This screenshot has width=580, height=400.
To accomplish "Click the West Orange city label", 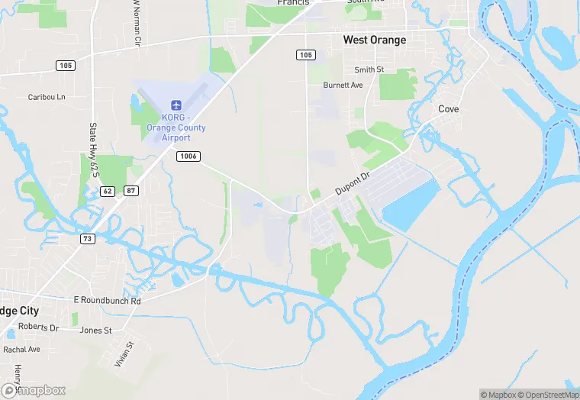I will click(374, 40).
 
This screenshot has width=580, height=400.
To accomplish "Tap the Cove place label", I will click(449, 109).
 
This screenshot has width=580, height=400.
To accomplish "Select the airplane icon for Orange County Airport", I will click(176, 104).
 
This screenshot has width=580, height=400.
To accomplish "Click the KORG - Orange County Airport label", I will click(176, 127).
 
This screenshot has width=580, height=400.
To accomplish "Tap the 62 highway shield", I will click(107, 190).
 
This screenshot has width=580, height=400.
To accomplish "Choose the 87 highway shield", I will click(131, 190).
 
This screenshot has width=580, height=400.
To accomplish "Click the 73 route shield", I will click(88, 239).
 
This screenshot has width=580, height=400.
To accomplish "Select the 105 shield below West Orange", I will click(305, 55).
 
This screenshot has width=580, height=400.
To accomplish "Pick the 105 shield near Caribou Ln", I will click(66, 66).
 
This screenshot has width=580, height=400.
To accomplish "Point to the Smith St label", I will click(369, 69).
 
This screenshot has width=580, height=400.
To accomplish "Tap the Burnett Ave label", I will click(343, 85).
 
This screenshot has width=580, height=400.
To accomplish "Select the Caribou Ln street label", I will click(47, 97).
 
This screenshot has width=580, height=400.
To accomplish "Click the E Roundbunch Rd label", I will click(108, 301).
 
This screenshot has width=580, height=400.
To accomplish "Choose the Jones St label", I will click(96, 331).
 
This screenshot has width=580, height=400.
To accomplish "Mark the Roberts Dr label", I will click(38, 327).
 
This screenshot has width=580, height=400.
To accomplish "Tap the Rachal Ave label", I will click(21, 349).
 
